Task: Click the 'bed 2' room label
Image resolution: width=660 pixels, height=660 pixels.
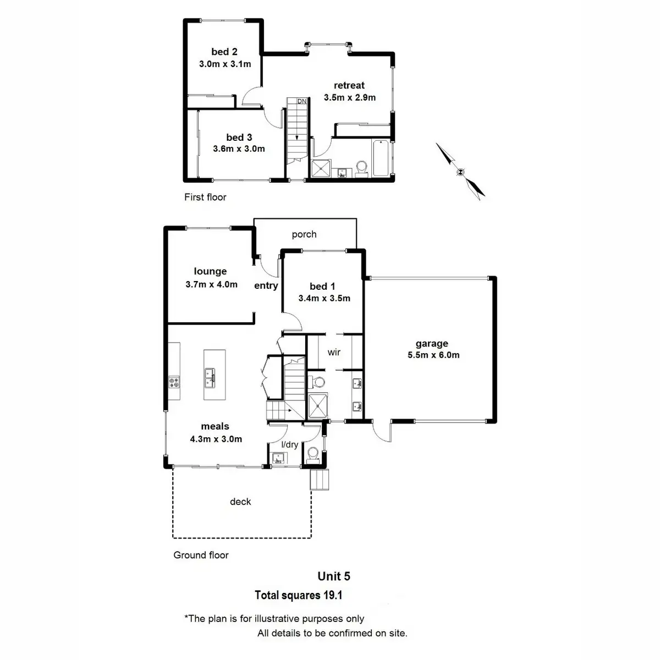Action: pos(224,52)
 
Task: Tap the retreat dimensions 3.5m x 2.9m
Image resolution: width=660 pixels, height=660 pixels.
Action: pos(349,97)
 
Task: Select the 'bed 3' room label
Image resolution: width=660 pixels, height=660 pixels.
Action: pos(239,137)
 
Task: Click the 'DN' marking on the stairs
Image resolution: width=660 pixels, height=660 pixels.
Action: pos(301,101)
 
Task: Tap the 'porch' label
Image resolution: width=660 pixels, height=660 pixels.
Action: pos(304,234)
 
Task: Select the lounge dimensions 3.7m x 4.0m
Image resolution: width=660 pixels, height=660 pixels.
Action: pos(211,284)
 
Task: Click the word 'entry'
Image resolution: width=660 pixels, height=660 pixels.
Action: pos(266,285)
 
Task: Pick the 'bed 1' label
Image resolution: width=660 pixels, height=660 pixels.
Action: pos(322,286)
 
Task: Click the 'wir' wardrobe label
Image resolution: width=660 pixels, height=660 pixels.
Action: pos(334,352)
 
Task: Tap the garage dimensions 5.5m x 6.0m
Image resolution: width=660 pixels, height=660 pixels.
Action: pos(433,355)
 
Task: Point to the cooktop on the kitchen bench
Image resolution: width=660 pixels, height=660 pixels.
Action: pos(174,381)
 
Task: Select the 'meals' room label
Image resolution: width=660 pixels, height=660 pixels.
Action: pos(215,426)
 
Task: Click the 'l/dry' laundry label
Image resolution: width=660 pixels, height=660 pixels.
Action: pos(289,444)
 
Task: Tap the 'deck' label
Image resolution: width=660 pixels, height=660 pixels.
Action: pos(240,502)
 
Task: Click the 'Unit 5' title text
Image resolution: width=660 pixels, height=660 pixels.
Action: pos(333,576)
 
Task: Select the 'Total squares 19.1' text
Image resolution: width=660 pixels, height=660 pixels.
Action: pos(299,595)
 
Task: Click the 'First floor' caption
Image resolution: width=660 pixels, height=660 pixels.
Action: pos(205,197)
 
